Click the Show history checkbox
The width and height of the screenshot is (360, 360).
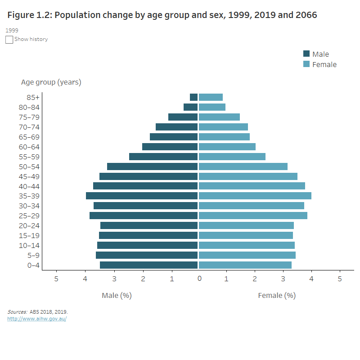[x=9, y=40]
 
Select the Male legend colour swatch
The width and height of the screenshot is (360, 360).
[x=306, y=54]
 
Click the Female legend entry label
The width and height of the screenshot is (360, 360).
[x=324, y=64]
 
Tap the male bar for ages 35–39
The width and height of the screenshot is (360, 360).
[x=142, y=196]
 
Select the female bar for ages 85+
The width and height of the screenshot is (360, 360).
[x=211, y=97]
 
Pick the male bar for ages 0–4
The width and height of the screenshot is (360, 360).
[x=148, y=265]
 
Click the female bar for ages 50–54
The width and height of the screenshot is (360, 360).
[x=243, y=166]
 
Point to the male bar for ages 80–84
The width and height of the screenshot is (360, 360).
[x=190, y=107]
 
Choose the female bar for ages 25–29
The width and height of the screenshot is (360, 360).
[x=253, y=216]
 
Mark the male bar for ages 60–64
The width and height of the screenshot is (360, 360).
[x=170, y=147]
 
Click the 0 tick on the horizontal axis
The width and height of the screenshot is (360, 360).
[x=199, y=279]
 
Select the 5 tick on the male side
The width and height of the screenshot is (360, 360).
[x=56, y=279]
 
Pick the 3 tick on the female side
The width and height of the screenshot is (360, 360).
[x=283, y=279]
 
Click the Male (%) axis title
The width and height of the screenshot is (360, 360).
[x=117, y=296]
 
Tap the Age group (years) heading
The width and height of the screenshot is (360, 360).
[x=51, y=82]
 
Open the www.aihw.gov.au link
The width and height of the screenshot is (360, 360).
[x=37, y=319]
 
